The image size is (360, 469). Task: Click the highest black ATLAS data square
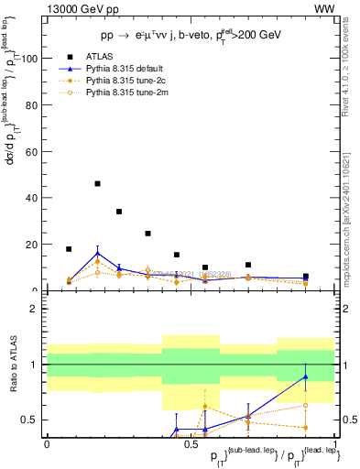click(x=98, y=183)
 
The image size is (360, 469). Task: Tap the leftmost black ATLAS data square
click(x=69, y=249)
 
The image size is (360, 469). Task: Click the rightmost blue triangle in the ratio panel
click(x=306, y=376)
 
